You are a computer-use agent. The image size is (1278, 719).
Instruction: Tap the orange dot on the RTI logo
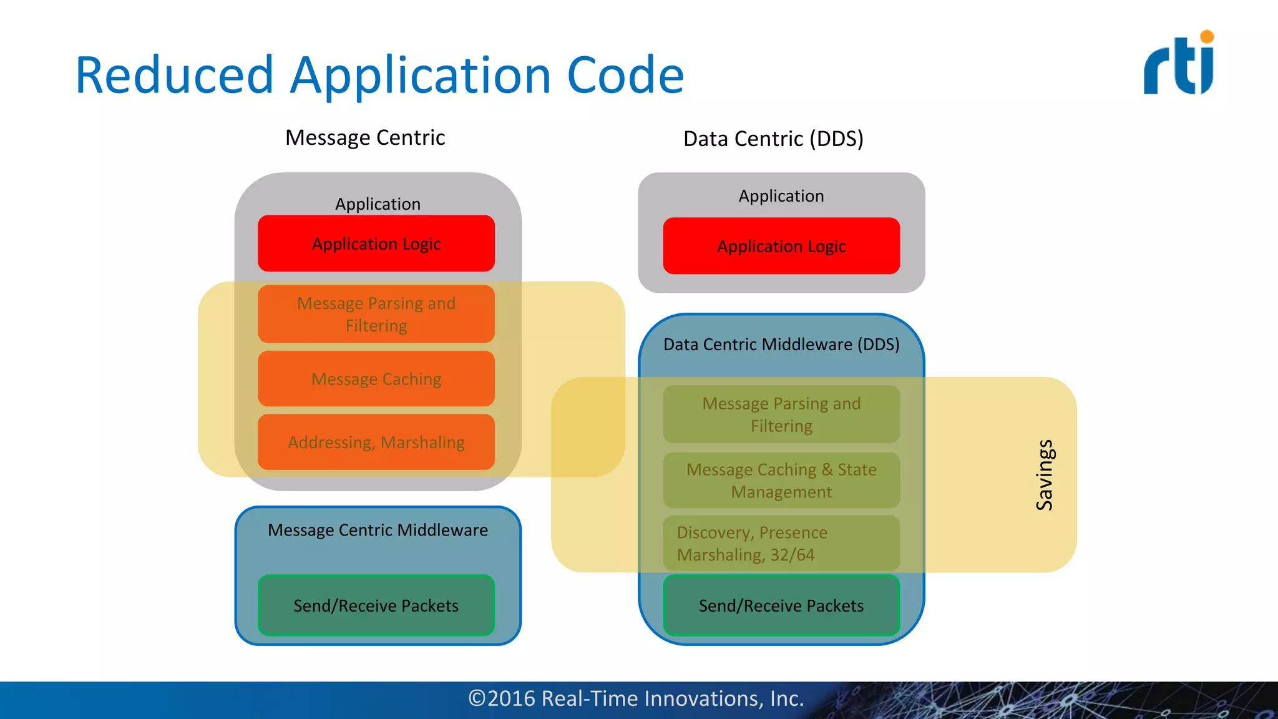click(x=1207, y=37)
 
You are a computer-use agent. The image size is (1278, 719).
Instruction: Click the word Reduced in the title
click(x=174, y=76)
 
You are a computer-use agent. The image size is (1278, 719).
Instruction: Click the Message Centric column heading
click(x=365, y=137)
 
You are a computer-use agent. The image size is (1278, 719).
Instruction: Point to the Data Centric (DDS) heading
click(x=773, y=139)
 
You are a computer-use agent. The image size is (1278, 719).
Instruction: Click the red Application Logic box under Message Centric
click(x=376, y=243)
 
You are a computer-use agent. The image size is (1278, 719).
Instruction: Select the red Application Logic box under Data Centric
click(x=781, y=246)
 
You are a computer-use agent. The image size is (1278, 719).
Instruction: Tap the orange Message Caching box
click(x=376, y=379)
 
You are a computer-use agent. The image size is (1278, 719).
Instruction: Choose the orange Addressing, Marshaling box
click(x=376, y=442)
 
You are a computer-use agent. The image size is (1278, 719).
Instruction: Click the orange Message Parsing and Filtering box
click(x=376, y=314)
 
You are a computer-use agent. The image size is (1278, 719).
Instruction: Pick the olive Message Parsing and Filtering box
click(x=781, y=414)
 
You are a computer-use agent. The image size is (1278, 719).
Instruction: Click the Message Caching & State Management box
click(x=781, y=481)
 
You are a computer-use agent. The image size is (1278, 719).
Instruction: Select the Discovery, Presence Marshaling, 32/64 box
click(x=781, y=544)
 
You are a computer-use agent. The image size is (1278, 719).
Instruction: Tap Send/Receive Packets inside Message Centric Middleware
click(x=376, y=605)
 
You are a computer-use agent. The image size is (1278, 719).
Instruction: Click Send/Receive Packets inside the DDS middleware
click(x=781, y=605)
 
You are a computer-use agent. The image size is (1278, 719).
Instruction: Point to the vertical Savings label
click(x=1045, y=475)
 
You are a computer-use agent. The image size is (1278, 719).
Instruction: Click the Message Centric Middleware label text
click(x=378, y=530)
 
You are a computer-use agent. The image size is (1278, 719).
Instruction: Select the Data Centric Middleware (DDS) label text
click(x=781, y=345)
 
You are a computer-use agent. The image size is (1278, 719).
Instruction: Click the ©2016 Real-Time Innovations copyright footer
click(x=636, y=698)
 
